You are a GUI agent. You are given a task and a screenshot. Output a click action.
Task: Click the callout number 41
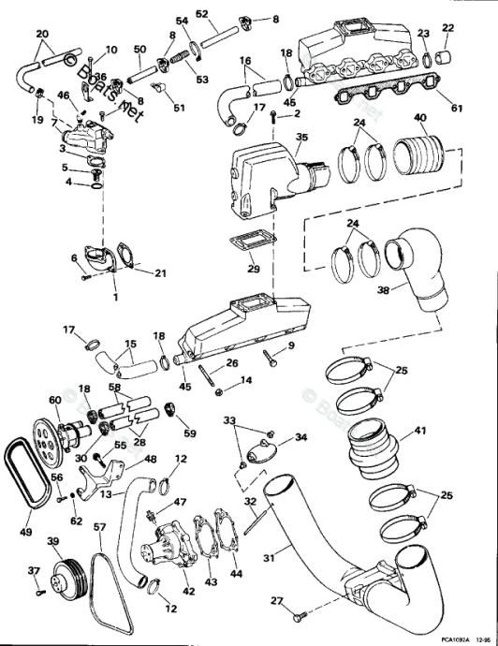(x=419, y=432)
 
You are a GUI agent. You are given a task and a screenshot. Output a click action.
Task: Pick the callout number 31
(x=268, y=560)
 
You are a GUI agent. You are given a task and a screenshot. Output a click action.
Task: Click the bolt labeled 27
(x=298, y=617)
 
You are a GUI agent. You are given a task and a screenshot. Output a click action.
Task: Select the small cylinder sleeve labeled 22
(x=447, y=59)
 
